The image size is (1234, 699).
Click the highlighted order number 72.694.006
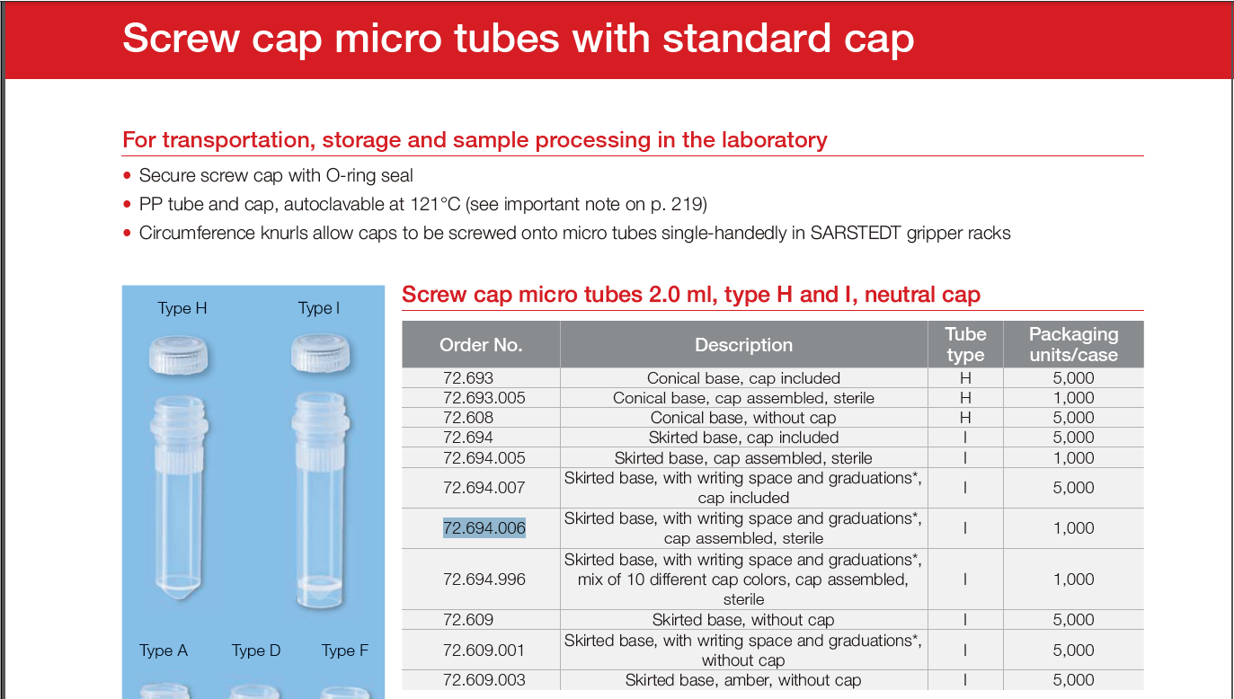coord(484,527)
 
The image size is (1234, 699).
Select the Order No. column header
coord(481,345)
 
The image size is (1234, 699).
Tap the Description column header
coord(743,345)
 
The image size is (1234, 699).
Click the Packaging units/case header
coord(1074,344)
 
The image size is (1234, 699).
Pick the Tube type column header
coord(965,344)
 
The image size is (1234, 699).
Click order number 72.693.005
coord(484,398)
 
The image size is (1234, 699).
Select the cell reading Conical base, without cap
coord(743,418)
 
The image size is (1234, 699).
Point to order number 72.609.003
coord(484,680)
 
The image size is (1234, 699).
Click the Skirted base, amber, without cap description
coord(743,680)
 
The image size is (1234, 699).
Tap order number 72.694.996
coord(484,579)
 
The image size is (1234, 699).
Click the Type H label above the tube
coord(182,308)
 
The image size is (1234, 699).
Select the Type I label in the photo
coord(318,308)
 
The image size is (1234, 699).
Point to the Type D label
coord(256,650)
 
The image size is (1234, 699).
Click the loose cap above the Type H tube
coord(179,355)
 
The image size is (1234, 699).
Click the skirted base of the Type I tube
coord(320,592)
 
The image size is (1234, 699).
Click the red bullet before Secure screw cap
coord(128,176)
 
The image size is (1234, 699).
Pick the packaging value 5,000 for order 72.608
coord(1073,418)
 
